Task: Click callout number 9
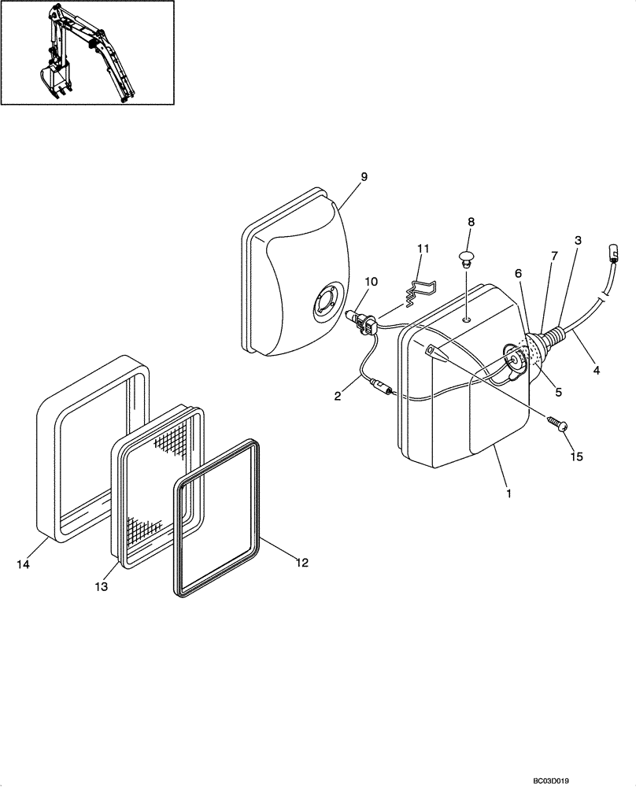(364, 178)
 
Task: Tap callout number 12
(302, 563)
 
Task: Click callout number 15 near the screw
(577, 456)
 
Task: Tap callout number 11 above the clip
(423, 249)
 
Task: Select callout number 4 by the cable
(596, 368)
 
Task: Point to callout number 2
(338, 396)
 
